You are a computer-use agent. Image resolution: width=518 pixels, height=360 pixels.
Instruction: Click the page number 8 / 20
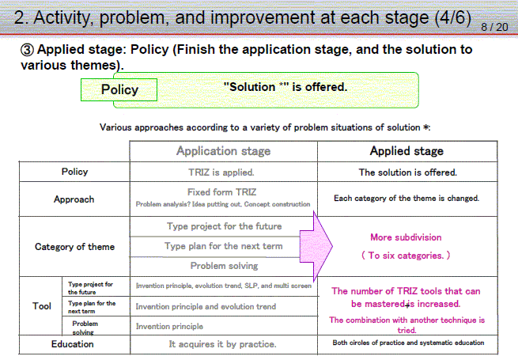click(x=494, y=27)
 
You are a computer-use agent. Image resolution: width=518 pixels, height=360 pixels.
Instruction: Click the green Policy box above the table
click(x=119, y=89)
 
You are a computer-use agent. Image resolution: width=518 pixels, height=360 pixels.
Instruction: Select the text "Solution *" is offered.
click(x=285, y=87)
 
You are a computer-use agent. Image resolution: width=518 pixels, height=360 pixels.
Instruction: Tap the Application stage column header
click(x=223, y=151)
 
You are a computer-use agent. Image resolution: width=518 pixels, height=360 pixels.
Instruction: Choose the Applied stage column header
click(x=406, y=151)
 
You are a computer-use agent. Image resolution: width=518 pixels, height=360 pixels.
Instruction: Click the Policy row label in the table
click(x=74, y=172)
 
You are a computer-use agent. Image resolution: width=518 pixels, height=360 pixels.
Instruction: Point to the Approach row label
click(x=74, y=199)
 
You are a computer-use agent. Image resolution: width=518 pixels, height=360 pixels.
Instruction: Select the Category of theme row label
click(x=74, y=247)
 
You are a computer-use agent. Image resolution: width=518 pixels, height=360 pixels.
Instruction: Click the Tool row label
click(x=42, y=305)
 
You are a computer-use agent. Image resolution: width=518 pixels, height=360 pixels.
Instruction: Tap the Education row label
click(x=72, y=344)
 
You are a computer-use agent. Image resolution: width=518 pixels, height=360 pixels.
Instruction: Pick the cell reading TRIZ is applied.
click(x=221, y=172)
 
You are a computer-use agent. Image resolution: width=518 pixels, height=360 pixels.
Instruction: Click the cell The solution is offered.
click(x=408, y=172)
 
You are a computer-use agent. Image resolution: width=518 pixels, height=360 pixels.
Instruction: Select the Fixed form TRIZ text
click(x=222, y=192)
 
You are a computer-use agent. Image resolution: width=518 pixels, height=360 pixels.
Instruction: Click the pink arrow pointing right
click(x=316, y=246)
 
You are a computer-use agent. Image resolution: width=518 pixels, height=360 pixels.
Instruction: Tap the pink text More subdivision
click(x=406, y=237)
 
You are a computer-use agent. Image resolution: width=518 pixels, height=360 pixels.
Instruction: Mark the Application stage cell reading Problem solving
click(x=225, y=266)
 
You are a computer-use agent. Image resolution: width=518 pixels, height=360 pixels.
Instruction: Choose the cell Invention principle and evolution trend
click(x=206, y=306)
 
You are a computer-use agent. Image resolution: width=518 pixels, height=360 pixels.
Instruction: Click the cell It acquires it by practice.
click(x=223, y=344)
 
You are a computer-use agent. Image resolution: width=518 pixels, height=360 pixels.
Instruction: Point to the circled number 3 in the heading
click(x=27, y=50)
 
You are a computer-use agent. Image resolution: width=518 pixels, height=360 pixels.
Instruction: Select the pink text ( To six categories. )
click(x=406, y=256)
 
